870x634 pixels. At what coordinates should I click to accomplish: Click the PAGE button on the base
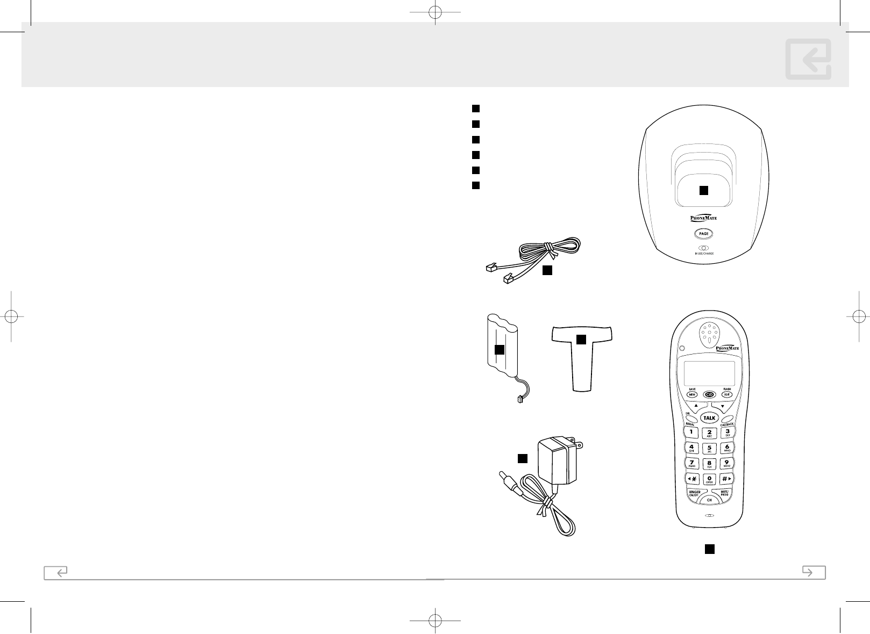coord(703,234)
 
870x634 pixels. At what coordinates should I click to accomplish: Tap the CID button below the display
coord(709,394)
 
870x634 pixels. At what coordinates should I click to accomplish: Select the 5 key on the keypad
coord(709,448)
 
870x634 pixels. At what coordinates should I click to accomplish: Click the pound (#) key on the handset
coord(726,478)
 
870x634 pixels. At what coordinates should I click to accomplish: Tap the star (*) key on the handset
coord(691,478)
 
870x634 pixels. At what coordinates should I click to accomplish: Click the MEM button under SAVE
coord(692,394)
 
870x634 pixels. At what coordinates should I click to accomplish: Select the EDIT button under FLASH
coord(727,394)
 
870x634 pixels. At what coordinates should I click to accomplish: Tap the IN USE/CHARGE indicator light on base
coord(703,248)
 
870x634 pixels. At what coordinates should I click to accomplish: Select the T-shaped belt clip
coord(581,355)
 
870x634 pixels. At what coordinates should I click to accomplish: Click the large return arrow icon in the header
coord(808,59)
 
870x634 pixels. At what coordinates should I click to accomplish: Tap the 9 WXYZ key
coord(727,463)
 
